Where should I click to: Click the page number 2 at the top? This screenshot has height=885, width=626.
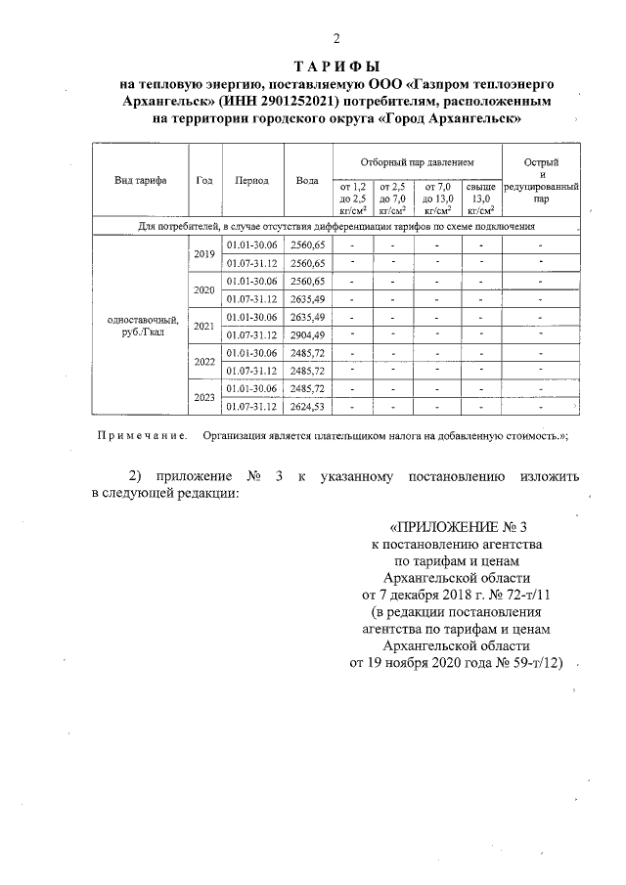coord(336,40)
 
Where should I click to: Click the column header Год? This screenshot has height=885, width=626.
coord(204,181)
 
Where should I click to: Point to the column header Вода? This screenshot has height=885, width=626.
coord(307,181)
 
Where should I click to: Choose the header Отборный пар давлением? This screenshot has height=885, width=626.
coord(417,159)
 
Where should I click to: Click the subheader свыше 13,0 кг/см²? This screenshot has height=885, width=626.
coord(480,198)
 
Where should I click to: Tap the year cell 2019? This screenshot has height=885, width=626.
coord(204,253)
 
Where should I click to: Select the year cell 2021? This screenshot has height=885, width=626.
coord(204,327)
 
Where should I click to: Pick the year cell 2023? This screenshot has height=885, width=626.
coord(204,397)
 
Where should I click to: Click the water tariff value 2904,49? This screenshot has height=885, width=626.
coord(307,335)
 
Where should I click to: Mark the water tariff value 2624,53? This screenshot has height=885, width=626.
coord(307,407)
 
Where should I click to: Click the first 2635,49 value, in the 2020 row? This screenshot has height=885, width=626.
coord(307,299)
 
